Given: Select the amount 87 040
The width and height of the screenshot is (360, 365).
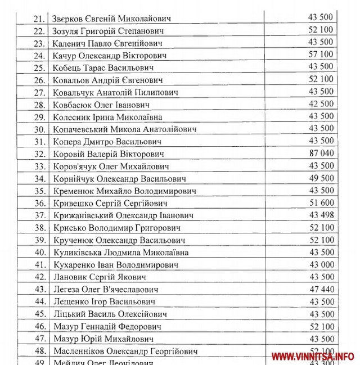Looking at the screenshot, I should coord(321,154).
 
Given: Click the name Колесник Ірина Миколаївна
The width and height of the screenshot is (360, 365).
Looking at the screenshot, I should coord(107,117).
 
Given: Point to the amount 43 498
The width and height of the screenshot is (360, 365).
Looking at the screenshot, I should coord(321,215).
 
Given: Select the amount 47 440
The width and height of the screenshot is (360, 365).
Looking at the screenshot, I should coord(321,289).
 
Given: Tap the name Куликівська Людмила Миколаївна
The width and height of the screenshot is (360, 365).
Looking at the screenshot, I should coord(120,253).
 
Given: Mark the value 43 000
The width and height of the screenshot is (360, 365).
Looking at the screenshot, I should coord(321,265).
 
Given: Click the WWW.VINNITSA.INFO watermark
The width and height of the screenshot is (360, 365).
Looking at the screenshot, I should coord(313,356).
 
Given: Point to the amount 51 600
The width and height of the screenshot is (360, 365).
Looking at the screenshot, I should coord(321,203).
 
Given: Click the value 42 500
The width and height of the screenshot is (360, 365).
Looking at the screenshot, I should coord(321,105).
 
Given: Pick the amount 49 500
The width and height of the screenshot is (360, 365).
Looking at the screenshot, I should coord(321,178).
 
